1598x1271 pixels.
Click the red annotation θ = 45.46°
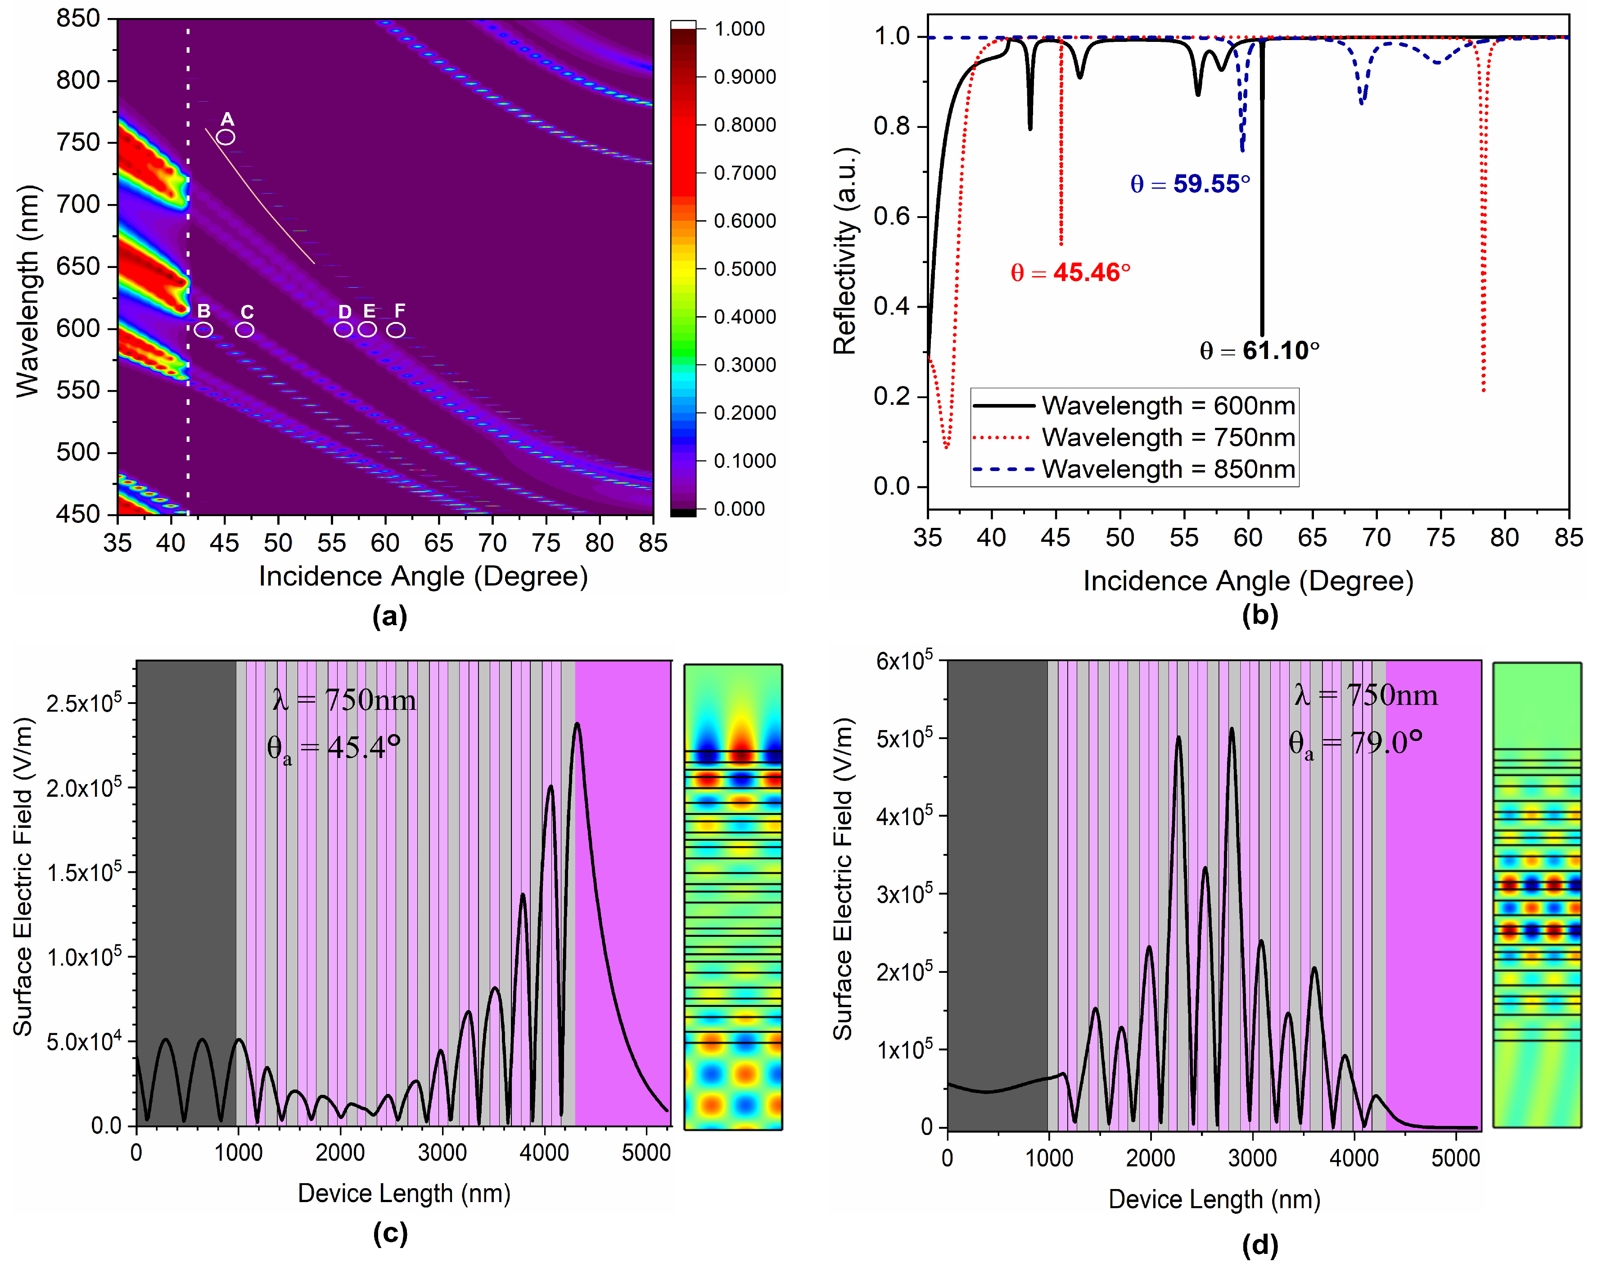(1070, 273)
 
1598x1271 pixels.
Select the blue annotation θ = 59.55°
(1190, 184)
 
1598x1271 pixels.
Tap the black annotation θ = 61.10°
(1259, 350)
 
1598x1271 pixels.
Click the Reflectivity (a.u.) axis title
(845, 252)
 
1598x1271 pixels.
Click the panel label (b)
(1259, 616)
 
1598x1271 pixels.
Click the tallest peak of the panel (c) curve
(577, 725)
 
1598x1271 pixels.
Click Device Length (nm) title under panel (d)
(1214, 1199)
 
